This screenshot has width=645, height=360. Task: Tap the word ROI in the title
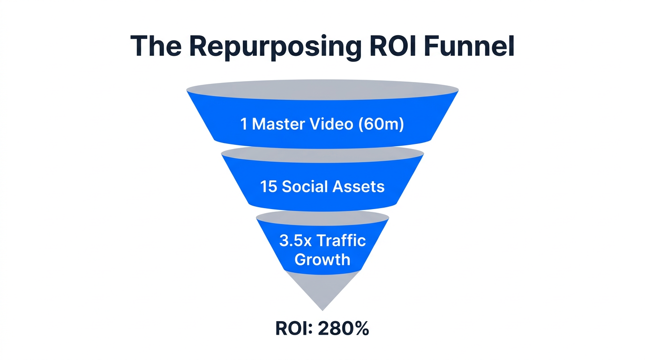click(x=394, y=46)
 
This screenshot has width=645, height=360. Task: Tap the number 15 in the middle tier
click(x=269, y=187)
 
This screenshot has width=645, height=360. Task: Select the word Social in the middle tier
click(x=305, y=187)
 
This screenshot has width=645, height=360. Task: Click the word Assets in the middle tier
click(x=359, y=187)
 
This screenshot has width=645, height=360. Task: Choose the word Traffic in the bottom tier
click(x=341, y=241)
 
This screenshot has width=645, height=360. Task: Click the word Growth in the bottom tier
click(x=322, y=259)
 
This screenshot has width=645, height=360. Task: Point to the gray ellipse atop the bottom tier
click(x=322, y=216)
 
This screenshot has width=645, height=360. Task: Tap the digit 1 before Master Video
click(x=244, y=124)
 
